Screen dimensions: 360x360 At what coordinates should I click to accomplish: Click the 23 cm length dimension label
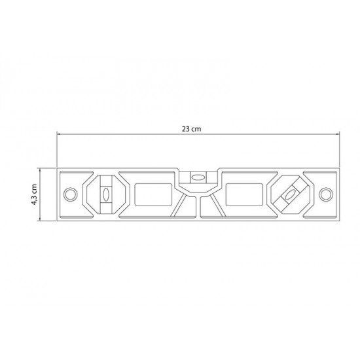191,129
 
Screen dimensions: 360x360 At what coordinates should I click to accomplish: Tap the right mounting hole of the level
323,194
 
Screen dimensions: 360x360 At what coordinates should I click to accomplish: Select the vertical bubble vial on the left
105,194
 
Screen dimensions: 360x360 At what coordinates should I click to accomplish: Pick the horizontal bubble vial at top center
196,175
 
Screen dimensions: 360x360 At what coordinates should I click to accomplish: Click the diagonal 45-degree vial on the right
289,194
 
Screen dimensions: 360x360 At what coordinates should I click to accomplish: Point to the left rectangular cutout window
153,194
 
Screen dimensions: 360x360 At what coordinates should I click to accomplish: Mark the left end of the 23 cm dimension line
57,135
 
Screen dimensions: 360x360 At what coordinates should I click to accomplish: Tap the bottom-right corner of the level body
338,219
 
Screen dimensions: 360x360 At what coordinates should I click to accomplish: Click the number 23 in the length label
187,129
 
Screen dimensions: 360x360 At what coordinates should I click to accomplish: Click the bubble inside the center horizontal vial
196,175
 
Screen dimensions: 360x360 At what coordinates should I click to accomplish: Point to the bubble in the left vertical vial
105,194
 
